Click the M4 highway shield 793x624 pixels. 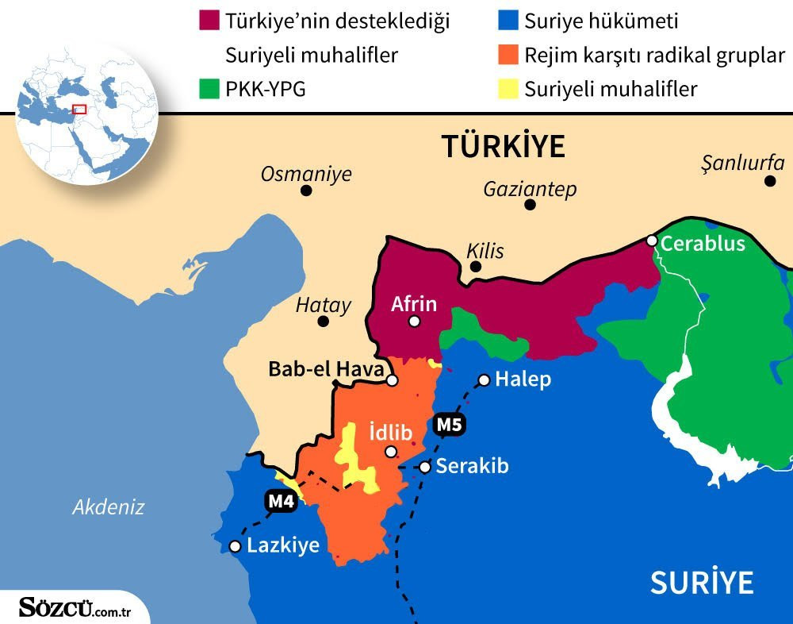281,501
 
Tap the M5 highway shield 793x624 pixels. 449,425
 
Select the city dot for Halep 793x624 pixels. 484,379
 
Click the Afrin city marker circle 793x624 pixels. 414,322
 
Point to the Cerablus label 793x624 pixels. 703,243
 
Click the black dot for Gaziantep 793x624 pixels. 531,205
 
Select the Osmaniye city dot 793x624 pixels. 306,191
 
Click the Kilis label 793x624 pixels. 485,251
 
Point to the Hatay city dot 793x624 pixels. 323,322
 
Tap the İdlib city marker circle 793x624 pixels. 390,452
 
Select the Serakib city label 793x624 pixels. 473,466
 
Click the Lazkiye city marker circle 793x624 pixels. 235,546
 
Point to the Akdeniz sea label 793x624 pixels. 109,507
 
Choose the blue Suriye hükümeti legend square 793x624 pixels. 507,21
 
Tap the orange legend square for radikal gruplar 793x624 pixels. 507,55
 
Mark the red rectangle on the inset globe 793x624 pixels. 79,109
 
